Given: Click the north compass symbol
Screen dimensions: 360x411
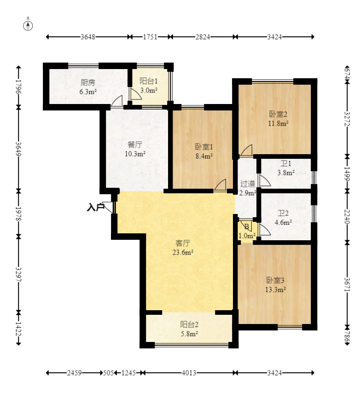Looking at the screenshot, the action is pos(28,26).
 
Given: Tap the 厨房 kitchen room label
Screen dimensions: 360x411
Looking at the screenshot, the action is pos(88,82).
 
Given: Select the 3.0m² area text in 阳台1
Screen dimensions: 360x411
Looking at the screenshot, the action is pos(149,90).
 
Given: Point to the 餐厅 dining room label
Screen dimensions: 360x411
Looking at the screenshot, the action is pos(135,145).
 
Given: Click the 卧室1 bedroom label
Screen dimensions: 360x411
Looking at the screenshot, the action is pos(204,147).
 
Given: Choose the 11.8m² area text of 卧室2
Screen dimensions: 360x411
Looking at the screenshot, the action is pos(278,123).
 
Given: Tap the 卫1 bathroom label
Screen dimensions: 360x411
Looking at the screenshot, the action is pos(286,164).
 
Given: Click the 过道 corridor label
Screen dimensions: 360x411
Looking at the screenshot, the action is pos(248,184).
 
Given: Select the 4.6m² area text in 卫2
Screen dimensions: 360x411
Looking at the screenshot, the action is pos(283,223).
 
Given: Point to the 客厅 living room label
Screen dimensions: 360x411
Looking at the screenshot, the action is pos(183,243).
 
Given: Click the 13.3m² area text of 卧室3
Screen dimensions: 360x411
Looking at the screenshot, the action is pos(275,289).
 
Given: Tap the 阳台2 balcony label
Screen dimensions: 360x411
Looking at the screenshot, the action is pos(189,325).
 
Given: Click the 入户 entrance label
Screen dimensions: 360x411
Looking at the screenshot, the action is pos(96,207).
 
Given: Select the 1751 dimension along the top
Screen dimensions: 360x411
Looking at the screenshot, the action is pos(150,37).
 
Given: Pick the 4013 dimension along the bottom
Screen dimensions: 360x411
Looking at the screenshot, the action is pos(189,373).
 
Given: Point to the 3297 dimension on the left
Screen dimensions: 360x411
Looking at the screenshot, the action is pos(18,274).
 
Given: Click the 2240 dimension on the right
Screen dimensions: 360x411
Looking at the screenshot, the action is pos(348,217).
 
